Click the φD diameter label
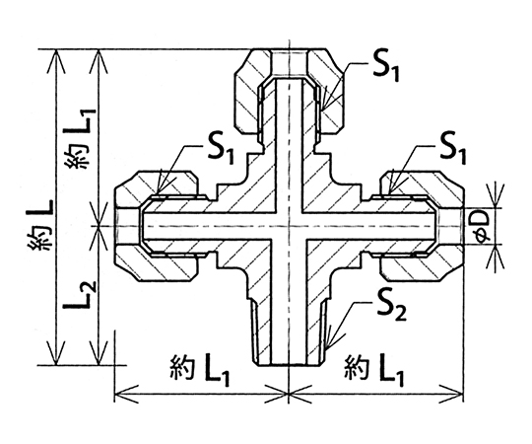click(483, 226)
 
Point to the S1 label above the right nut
click(452, 148)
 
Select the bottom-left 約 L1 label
click(199, 370)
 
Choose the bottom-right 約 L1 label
click(374, 370)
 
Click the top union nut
click(289, 92)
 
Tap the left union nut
click(157, 227)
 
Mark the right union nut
click(422, 227)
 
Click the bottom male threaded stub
click(289, 333)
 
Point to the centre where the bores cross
click(289, 226)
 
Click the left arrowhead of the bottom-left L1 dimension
click(116, 395)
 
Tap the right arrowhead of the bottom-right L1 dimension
click(462, 395)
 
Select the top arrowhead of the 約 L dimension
click(55, 51)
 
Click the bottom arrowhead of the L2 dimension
click(99, 364)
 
